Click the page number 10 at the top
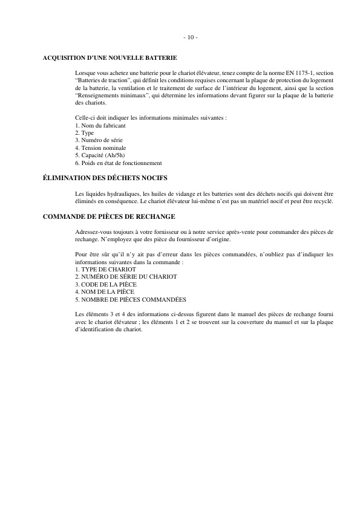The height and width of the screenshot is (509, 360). (189, 37)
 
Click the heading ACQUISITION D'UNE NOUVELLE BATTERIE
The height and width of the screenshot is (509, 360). (110, 58)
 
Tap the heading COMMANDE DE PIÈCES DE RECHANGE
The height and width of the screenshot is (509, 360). (109, 216)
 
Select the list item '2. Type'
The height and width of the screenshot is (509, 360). (85, 132)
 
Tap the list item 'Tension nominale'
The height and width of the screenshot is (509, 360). (100, 148)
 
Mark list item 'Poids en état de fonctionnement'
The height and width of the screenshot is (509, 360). (119, 163)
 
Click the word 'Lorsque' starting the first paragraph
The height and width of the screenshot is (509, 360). (85, 72)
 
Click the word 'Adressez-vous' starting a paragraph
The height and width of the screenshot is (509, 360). (93, 232)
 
